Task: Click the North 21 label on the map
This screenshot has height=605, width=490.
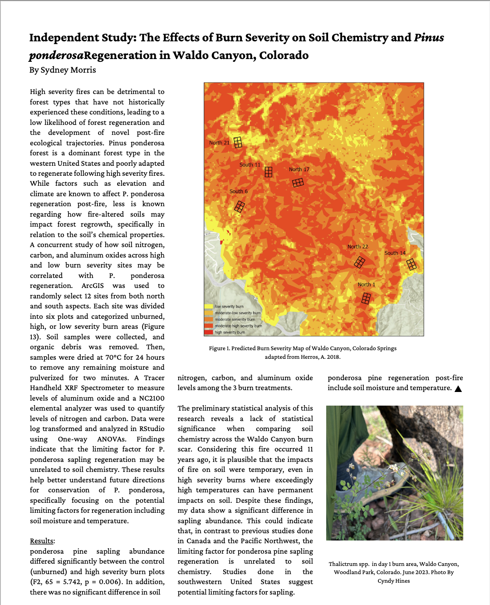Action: point(219,143)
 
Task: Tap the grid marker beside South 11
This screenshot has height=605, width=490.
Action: point(269,172)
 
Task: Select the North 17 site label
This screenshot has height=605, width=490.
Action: point(299,169)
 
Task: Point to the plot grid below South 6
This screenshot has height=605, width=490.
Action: point(240,207)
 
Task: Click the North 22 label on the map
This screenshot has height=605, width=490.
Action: point(358,247)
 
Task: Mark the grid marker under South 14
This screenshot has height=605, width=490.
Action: point(412,264)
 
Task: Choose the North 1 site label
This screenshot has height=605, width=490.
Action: point(366,285)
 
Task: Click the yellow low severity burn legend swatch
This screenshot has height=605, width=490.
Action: point(209,307)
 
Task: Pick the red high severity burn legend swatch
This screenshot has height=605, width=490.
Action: point(209,332)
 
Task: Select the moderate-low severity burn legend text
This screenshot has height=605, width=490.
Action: point(237,313)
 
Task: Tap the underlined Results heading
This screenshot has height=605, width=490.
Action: point(42,541)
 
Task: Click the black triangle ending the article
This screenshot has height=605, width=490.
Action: point(458,389)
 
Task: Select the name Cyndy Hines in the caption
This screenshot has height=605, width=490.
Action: point(394,581)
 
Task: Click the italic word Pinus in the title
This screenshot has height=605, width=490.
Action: point(429,38)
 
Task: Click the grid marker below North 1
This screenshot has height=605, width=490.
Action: point(366,298)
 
